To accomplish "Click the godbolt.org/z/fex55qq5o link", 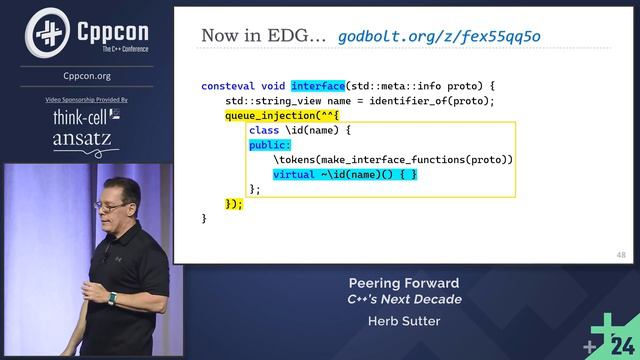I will click(439, 36).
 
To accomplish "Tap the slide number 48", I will click(621, 256).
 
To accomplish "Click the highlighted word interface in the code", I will click(318, 86).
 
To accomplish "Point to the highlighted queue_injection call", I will click(267, 116).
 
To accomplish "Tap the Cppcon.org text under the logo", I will click(87, 75).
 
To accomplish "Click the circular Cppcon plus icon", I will click(46, 32).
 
